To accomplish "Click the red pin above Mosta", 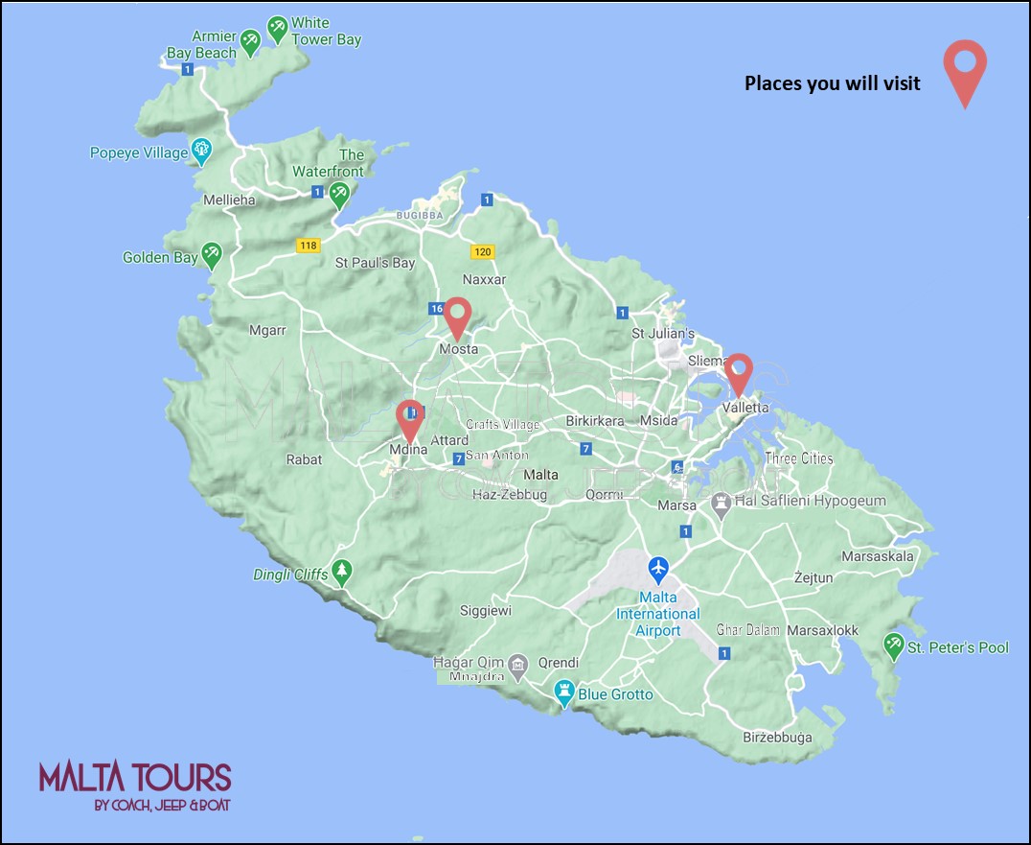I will pos(458,316).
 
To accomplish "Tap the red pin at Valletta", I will pos(738,372).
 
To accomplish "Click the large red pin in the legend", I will pos(964,67).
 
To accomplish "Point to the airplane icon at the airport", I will pos(658,569).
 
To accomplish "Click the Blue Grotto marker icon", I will pos(564,692).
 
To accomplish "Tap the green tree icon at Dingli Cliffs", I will pos(342,574).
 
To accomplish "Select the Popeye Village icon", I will pos(201,150).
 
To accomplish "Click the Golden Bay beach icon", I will pos(212,254).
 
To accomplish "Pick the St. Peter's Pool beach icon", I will pos(894,646).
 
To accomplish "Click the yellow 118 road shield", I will pos(308,246).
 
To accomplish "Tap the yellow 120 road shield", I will pos(482,252).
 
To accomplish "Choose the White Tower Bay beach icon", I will pos(278,29).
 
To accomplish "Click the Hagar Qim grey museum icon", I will pos(518,664).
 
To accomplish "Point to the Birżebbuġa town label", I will pos(777,738).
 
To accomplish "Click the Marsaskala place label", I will pos(877,556).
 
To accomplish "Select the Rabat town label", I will pos(304,459).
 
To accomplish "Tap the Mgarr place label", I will pos(267,330).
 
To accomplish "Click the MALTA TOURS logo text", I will pos(135,777).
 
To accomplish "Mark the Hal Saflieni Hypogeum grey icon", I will pos(721,502).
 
